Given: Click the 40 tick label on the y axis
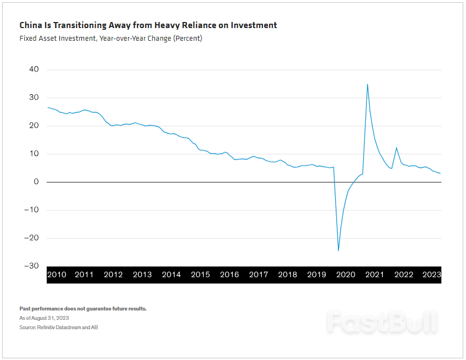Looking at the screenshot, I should (34, 70).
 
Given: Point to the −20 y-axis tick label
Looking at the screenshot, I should (31, 238).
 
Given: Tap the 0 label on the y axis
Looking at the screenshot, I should (36, 182).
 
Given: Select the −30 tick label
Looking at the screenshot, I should (31, 266).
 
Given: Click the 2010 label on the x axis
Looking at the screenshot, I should (57, 275).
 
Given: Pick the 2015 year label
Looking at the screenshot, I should (200, 275).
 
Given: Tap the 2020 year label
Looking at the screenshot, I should (346, 275).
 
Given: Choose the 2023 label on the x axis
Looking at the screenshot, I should (432, 275).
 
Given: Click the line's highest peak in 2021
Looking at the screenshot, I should (367, 84).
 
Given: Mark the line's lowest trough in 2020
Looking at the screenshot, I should (338, 250).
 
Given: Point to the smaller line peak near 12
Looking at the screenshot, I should (396, 148).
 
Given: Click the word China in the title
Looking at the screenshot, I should (30, 25).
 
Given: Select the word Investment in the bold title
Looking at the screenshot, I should (253, 25).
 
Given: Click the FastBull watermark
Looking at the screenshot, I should (382, 322).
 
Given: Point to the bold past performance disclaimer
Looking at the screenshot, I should (83, 309).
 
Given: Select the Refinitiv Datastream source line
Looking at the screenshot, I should (59, 328).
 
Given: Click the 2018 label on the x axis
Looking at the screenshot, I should (287, 275).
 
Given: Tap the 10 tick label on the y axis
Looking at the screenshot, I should (34, 154).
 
